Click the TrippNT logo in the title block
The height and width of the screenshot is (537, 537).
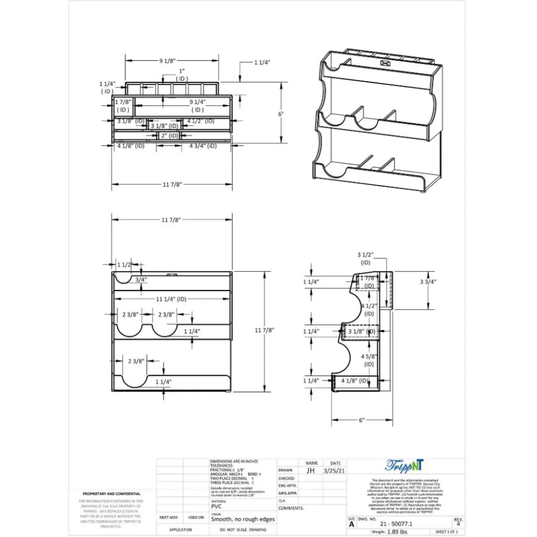point(405,465)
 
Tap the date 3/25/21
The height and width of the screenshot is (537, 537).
point(335,470)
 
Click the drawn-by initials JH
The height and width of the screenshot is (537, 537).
point(311,470)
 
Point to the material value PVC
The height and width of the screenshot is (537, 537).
point(216,508)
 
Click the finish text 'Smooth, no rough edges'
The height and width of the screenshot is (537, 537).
point(243,519)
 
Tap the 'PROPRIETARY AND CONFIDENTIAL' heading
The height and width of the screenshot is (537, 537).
point(111,494)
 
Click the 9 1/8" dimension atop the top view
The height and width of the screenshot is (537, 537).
point(167,61)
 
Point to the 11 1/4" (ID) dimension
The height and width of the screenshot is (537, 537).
point(171,299)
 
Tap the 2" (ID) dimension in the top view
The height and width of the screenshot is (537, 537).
point(169,136)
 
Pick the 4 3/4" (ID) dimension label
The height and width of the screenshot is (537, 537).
point(203,146)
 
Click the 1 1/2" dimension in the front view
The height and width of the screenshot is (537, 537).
point(124,265)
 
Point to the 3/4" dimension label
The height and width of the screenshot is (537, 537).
point(141,280)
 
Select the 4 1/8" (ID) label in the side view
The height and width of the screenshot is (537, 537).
point(355,381)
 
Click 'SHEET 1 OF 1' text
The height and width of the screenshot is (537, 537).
point(447,532)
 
